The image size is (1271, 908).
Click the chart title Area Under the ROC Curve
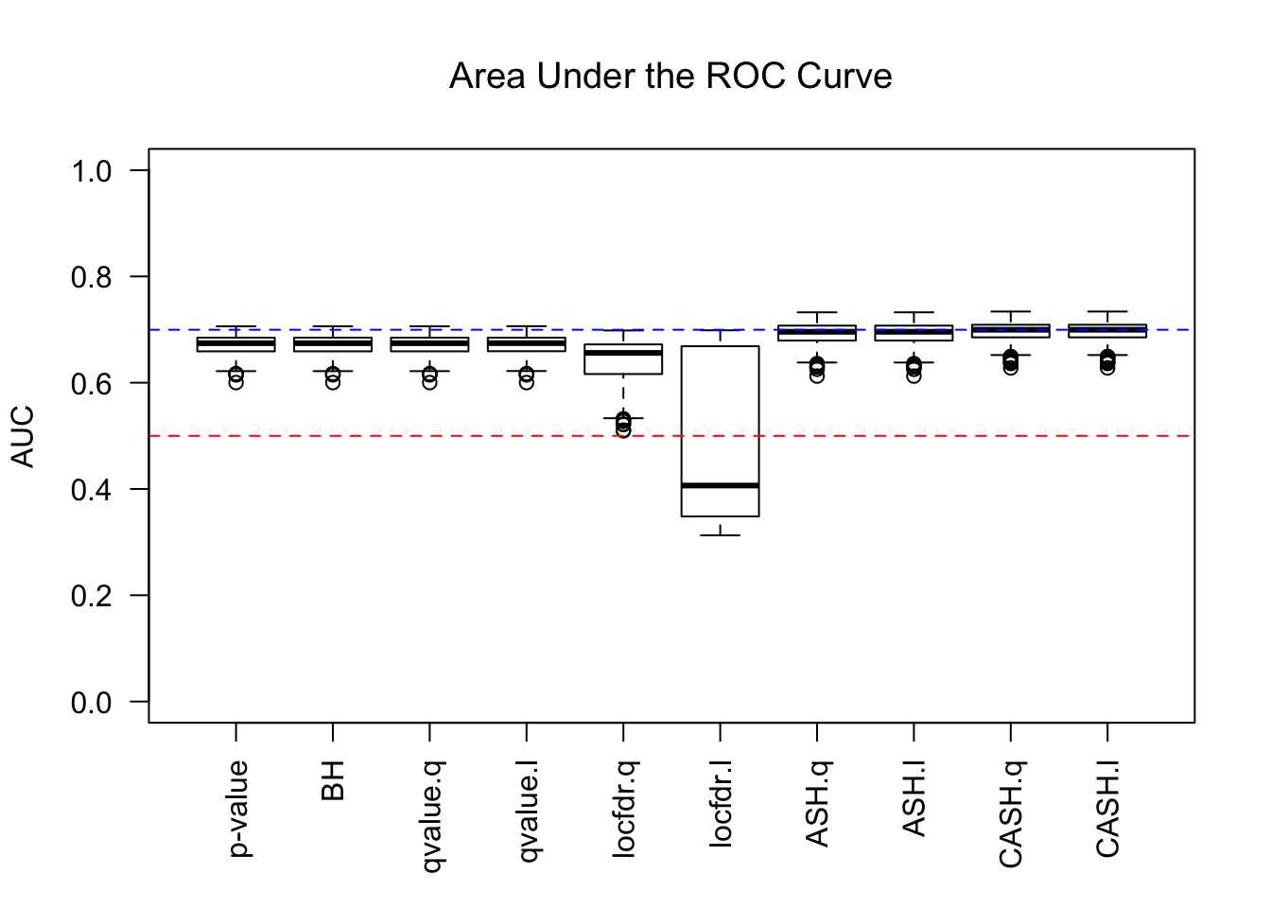pyautogui.click(x=670, y=77)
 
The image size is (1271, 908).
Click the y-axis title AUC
pyautogui.click(x=23, y=436)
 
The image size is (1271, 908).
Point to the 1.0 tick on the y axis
pyautogui.click(x=91, y=170)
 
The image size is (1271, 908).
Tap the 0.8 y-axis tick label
pyautogui.click(x=91, y=277)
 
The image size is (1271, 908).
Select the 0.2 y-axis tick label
pyautogui.click(x=91, y=596)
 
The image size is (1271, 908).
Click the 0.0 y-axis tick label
pyautogui.click(x=91, y=702)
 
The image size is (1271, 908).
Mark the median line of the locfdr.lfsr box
pyautogui.click(x=720, y=485)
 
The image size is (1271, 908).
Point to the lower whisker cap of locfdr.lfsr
pyautogui.click(x=720, y=535)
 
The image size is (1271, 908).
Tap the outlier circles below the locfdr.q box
pyautogui.click(x=623, y=424)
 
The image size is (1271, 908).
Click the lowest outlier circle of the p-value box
pyautogui.click(x=235, y=382)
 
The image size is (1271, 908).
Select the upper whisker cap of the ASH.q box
pyautogui.click(x=817, y=312)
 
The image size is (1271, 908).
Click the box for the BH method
pyautogui.click(x=333, y=344)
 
